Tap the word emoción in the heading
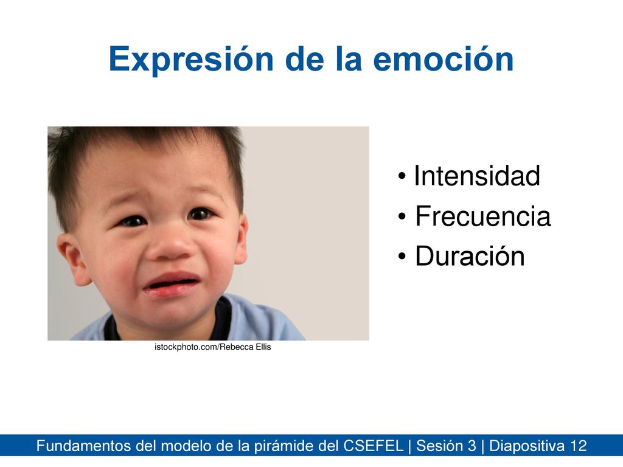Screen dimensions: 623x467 444,59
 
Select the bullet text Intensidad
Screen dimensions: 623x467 477,176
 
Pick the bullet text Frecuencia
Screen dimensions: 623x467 482,216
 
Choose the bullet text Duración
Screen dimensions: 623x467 470,256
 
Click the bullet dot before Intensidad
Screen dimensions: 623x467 402,176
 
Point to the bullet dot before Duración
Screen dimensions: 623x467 402,256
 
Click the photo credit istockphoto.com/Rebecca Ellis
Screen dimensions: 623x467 212,347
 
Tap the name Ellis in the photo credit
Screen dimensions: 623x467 263,347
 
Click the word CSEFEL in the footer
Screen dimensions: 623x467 373,446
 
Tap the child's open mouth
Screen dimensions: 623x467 172,284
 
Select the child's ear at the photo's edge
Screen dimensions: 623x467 73,258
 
